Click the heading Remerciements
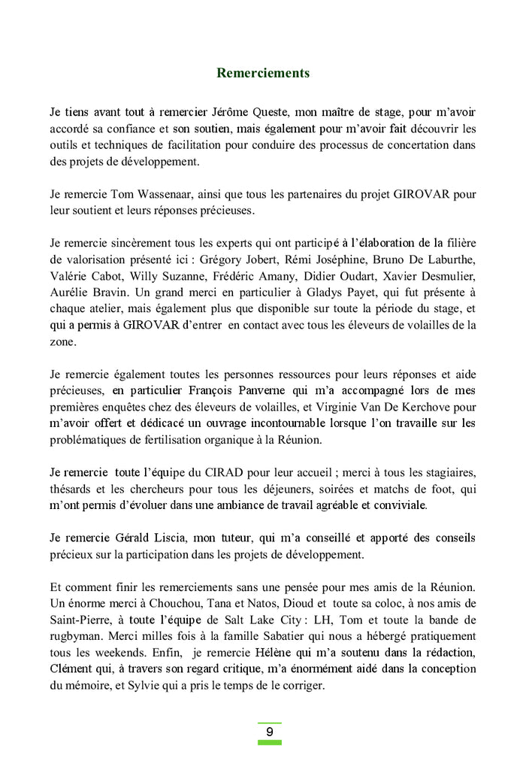point(263,73)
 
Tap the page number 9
point(270,732)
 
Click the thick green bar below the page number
point(270,742)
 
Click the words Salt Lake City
point(292,620)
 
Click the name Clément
point(74,668)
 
